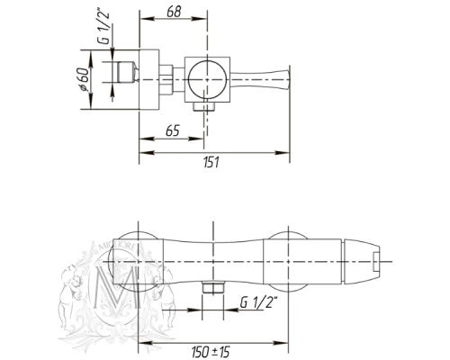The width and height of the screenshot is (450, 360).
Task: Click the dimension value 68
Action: (x=175, y=12)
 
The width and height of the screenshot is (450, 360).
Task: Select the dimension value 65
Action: (x=173, y=130)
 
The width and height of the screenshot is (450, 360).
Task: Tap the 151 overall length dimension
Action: (x=211, y=162)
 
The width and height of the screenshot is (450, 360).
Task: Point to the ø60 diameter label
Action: (x=83, y=79)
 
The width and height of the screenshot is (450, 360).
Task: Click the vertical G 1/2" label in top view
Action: (x=105, y=28)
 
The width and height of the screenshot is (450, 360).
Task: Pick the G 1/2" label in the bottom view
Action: (x=257, y=302)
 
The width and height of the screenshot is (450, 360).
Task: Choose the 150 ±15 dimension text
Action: (x=211, y=351)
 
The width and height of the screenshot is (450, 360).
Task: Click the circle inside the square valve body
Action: (x=207, y=79)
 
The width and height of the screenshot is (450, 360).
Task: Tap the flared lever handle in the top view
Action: (x=260, y=79)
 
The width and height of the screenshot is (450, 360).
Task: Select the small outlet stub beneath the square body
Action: (x=204, y=106)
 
